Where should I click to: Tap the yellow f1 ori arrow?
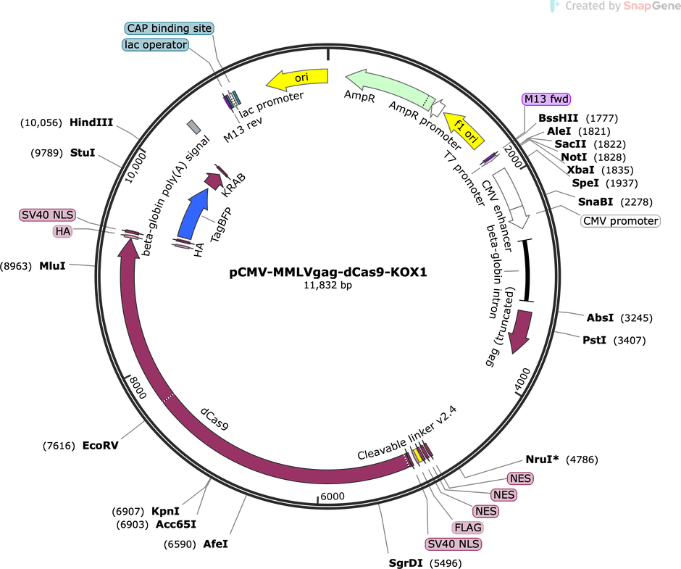(464, 129)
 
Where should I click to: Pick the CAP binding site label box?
(169, 28)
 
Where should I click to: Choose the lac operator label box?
(156, 45)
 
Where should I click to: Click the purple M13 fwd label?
(546, 99)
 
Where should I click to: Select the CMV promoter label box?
(620, 221)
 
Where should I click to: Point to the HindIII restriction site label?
(91, 122)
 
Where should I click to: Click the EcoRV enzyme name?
(100, 446)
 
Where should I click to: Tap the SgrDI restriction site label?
(406, 563)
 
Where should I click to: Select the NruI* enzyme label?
(542, 460)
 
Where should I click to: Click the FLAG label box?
(467, 528)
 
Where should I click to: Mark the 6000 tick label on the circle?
(333, 497)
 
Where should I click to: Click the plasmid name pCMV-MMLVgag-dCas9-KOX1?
(328, 273)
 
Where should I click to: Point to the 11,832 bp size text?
(328, 285)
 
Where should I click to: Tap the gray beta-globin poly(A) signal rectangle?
(193, 128)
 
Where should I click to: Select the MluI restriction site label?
(53, 265)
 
